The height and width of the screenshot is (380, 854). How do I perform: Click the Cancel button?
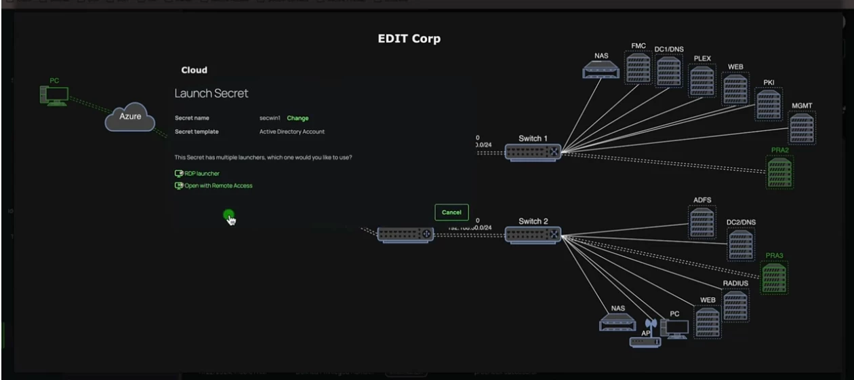point(451,212)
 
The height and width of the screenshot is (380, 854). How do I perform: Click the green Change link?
point(298,118)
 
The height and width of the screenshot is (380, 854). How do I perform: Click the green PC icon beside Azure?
point(54,96)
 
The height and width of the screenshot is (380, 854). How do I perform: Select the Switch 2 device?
point(533,235)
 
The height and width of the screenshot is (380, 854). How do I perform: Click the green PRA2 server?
point(779,172)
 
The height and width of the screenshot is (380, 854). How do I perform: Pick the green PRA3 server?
point(774,277)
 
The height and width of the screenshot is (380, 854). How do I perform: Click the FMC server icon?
point(638,68)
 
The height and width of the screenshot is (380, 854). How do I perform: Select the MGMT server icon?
point(802,128)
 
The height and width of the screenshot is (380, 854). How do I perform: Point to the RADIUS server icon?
point(735,305)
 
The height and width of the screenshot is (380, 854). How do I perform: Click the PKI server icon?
point(769,104)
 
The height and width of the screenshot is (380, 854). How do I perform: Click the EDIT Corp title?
point(409,39)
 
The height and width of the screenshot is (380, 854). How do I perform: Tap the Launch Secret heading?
point(211,93)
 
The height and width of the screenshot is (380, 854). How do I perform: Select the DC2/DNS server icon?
point(741,244)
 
